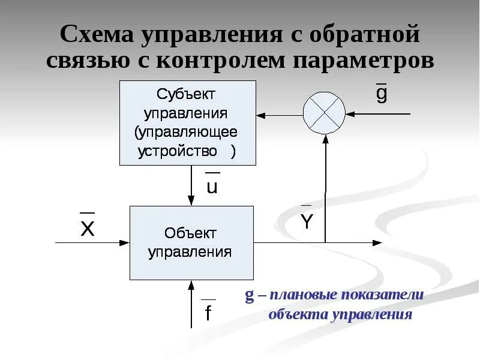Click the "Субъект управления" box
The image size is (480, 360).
point(188,123)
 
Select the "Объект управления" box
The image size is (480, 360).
point(191,242)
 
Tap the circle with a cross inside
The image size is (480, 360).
point(324,113)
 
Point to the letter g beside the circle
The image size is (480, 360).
point(382,94)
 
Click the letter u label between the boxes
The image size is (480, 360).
point(212,186)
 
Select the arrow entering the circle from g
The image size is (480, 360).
point(378,113)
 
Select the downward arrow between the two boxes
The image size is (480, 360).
point(191,185)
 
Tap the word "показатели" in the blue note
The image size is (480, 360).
point(382,295)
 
